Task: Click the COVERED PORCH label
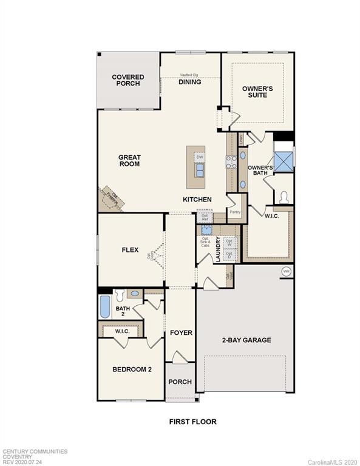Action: point(128,80)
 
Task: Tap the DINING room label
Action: point(189,82)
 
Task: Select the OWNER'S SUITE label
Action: point(257,92)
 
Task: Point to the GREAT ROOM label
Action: point(129,160)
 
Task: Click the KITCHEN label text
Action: point(197,200)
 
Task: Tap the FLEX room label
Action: point(130,249)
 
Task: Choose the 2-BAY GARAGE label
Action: point(246,340)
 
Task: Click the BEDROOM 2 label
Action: point(131,369)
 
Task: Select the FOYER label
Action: point(181,333)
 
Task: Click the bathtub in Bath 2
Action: point(105,306)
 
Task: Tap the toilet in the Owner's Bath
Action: point(283,197)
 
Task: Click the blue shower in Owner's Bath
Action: point(283,161)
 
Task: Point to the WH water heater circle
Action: point(286,271)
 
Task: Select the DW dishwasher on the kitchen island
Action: point(199,157)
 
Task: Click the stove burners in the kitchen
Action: point(231,161)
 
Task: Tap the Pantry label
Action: point(235,212)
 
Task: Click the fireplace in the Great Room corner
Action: point(112,197)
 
